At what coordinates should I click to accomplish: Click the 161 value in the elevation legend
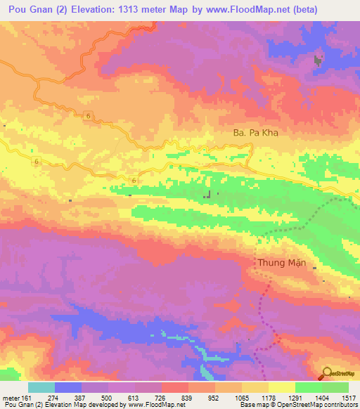[26, 398]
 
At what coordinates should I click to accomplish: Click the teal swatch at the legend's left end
[41, 387]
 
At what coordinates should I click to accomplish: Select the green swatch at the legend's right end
[336, 387]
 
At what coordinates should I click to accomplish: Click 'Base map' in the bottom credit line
[252, 405]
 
